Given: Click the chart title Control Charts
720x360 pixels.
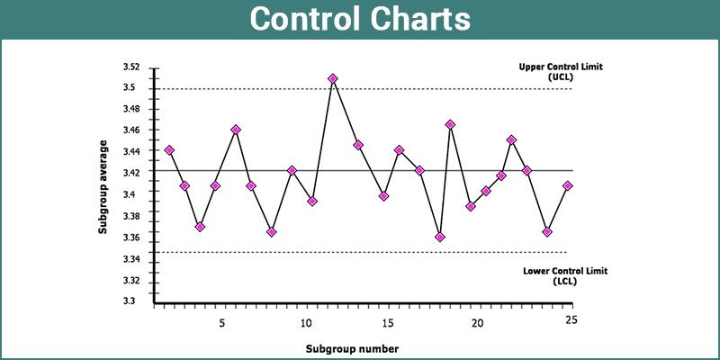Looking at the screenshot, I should pyautogui.click(x=360, y=20).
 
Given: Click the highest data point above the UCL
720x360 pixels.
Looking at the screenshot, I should pyautogui.click(x=333, y=79).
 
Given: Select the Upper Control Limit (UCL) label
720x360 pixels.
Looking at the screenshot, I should pyautogui.click(x=560, y=72).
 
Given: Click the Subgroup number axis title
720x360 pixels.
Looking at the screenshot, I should pyautogui.click(x=352, y=347).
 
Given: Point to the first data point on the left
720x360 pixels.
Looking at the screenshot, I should pyautogui.click(x=169, y=150).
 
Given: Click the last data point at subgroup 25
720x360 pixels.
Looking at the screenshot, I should pyautogui.click(x=567, y=186).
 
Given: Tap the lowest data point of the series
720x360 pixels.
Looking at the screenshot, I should pyautogui.click(x=439, y=238).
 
